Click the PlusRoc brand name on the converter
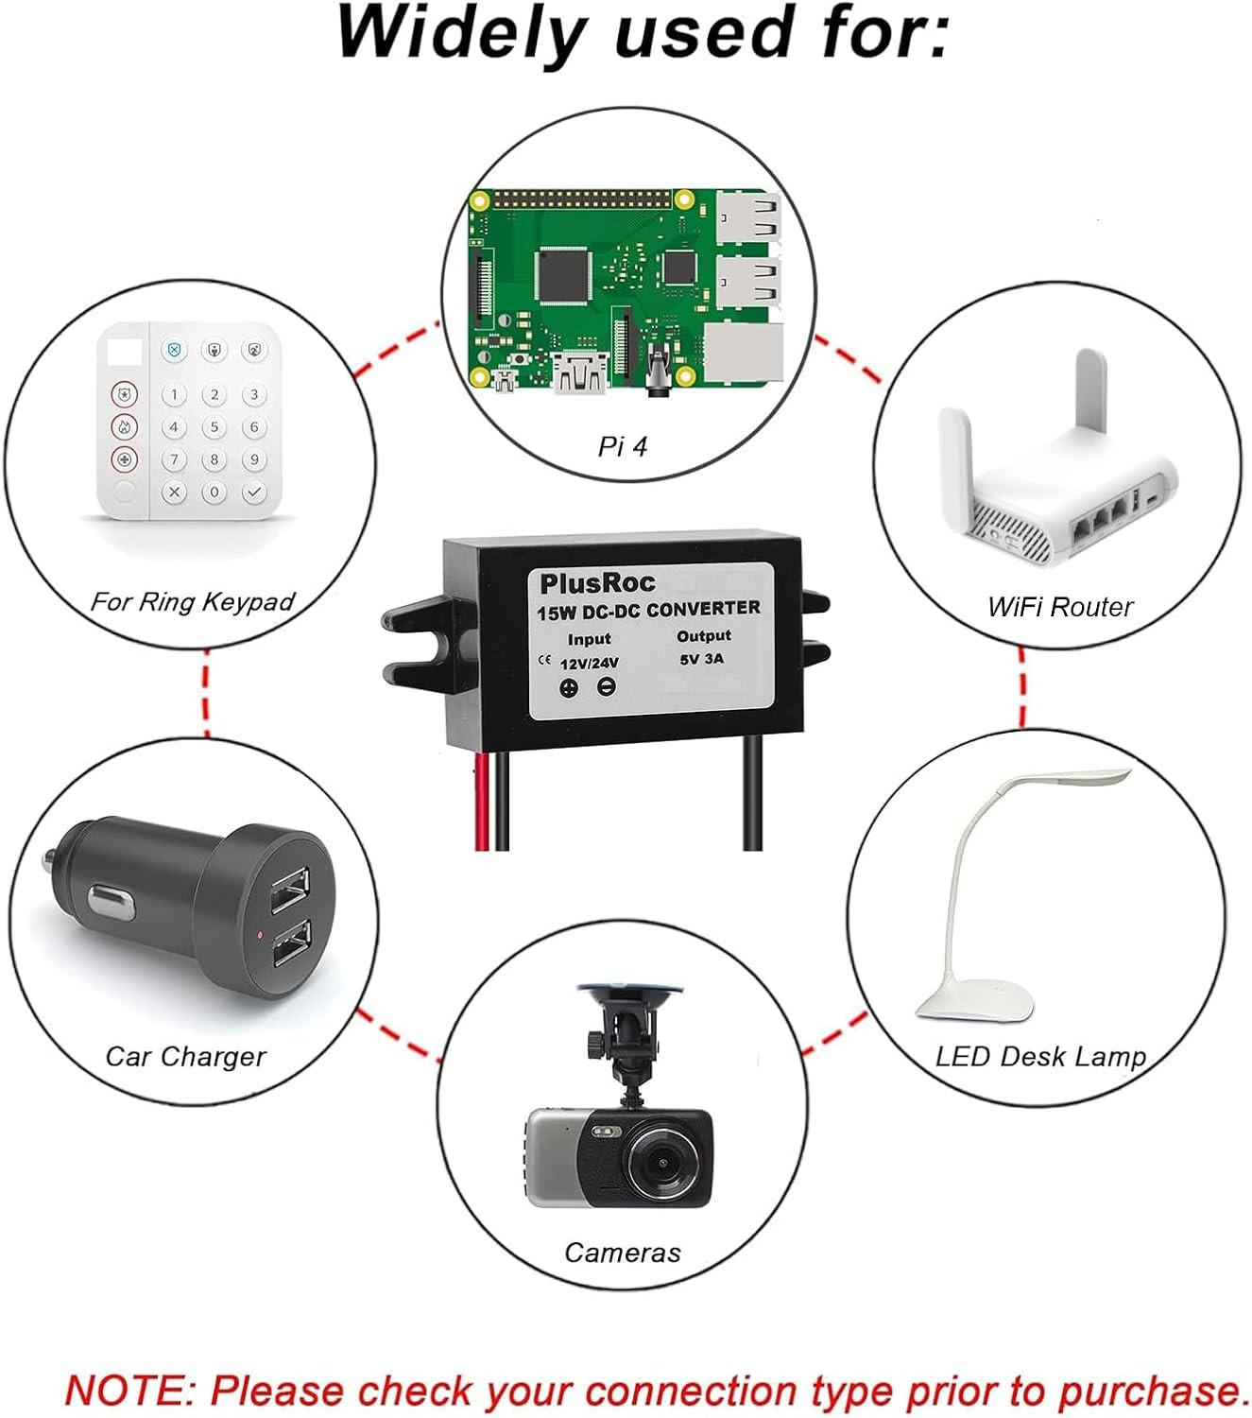[597, 582]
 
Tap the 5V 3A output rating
[701, 659]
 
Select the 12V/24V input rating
[589, 664]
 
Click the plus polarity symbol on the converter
[569, 688]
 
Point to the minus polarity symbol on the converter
[608, 688]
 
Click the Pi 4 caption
[623, 446]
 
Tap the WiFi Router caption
[1059, 607]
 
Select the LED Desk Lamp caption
[1040, 1056]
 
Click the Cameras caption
[622, 1253]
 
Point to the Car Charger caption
[185, 1056]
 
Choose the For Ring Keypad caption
[193, 602]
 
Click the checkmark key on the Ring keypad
[253, 493]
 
